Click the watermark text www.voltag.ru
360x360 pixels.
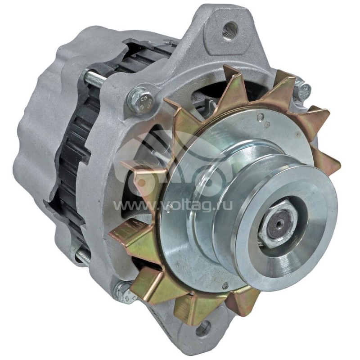tap(173, 205)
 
